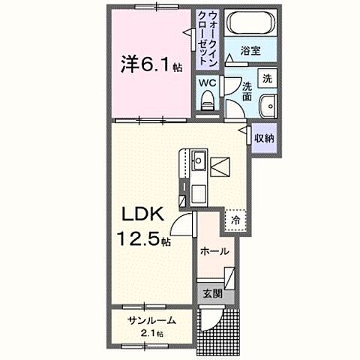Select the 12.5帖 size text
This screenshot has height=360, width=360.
pyautogui.click(x=142, y=241)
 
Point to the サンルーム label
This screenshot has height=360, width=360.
pyautogui.click(x=151, y=320)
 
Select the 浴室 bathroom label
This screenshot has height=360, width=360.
pyautogui.click(x=250, y=51)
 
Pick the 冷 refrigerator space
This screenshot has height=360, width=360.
pyautogui.click(x=235, y=220)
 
